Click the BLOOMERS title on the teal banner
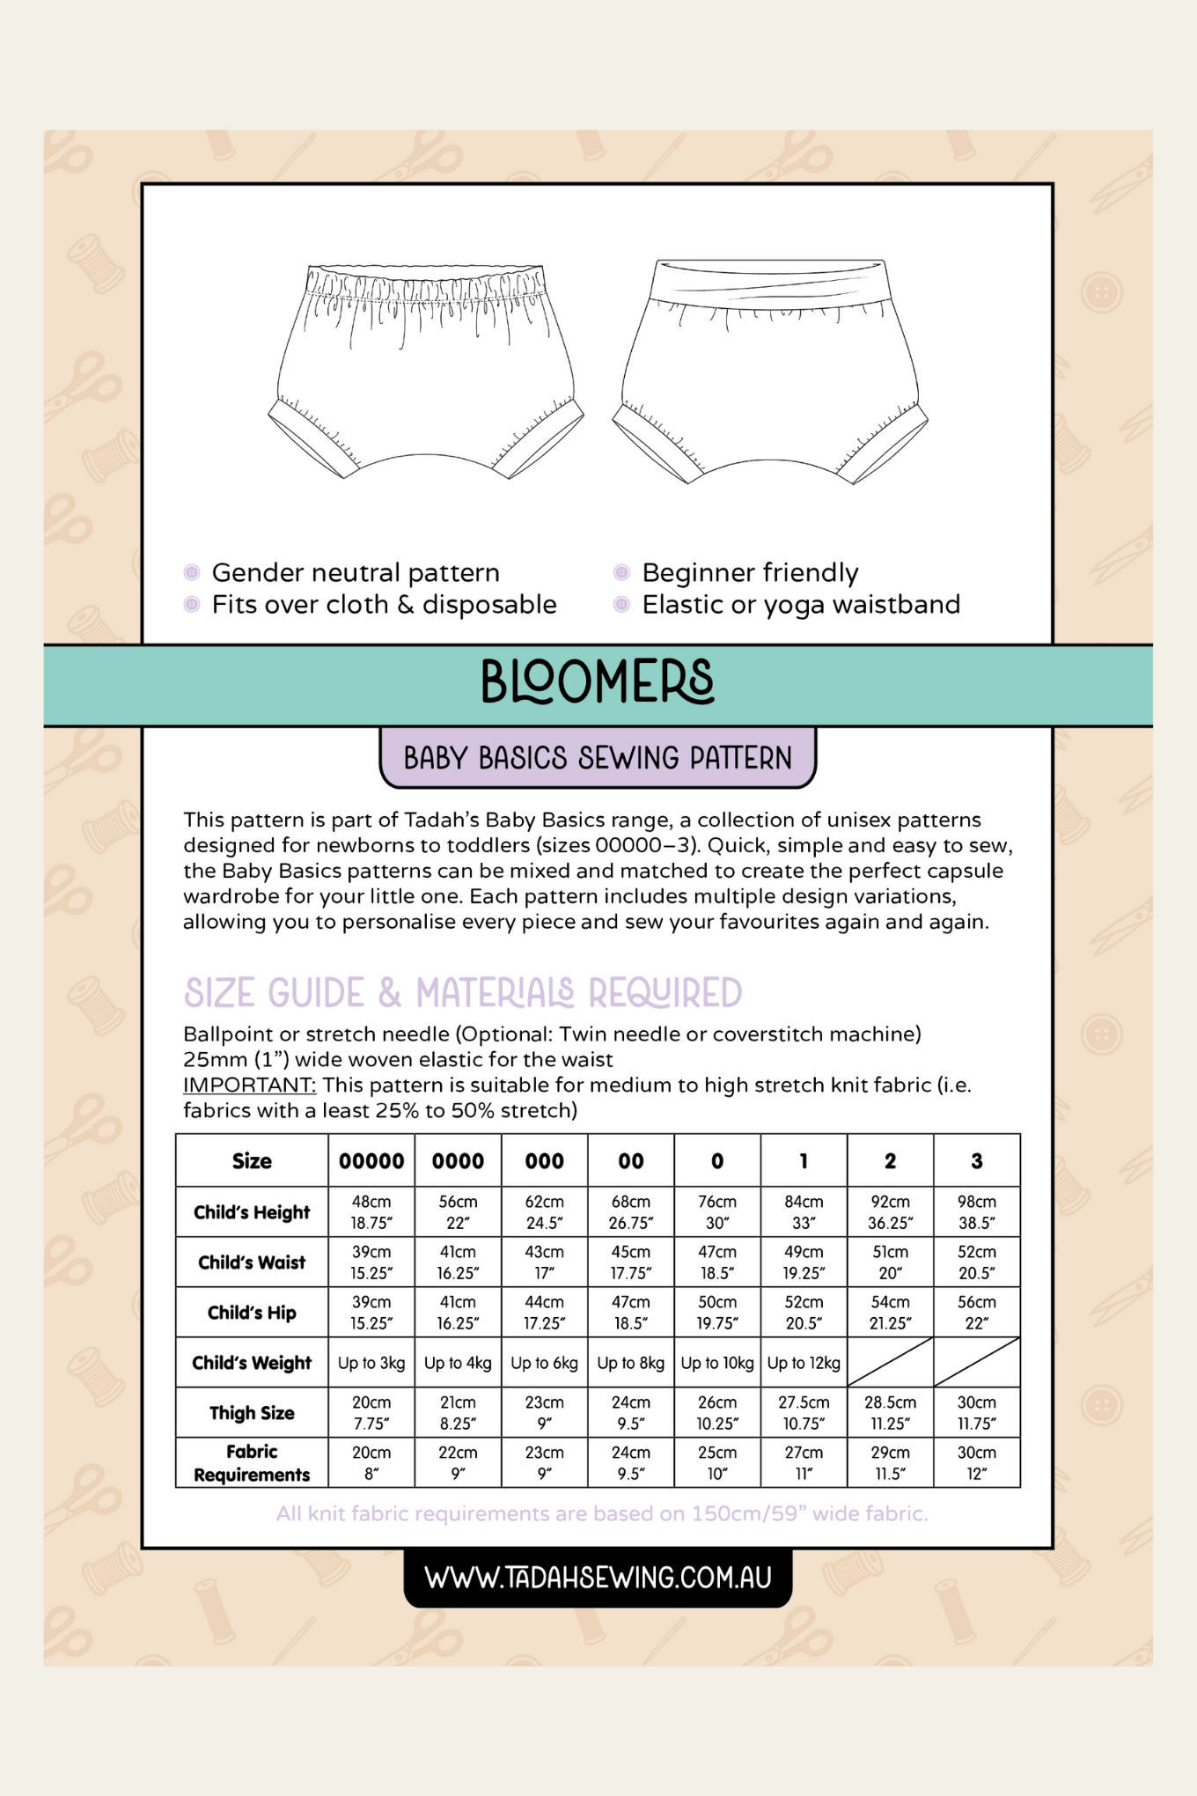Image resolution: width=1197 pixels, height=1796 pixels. pos(598,682)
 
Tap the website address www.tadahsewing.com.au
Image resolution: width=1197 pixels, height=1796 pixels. pos(598,1577)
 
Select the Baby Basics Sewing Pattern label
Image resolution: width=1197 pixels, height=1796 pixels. pos(598,758)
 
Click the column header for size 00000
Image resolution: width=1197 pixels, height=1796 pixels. pos(371,1161)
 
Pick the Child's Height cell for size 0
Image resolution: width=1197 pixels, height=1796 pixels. pos(717,1211)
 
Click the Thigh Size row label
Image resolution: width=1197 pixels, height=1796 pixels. pos(252,1413)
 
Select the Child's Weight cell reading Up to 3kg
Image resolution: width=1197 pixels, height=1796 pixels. pos(371,1363)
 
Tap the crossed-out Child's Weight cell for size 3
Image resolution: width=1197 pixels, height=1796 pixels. pos(977,1363)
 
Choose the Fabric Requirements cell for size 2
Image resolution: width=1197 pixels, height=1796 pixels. pos(891,1463)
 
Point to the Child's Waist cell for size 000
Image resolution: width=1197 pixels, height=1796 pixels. pos(545,1262)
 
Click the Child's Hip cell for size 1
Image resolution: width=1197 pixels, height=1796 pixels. pos(804,1313)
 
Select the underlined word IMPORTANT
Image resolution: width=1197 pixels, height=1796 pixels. pos(249,1085)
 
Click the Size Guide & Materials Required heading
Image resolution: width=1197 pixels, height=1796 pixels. pos(463,993)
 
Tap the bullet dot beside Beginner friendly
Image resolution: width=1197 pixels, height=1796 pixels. pos(621,573)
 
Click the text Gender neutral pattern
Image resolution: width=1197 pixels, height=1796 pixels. pos(356,573)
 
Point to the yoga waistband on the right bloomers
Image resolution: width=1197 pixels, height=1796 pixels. pos(770,282)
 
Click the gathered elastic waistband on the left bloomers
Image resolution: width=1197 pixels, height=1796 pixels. pos(424,285)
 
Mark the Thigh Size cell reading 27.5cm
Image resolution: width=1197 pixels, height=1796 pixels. pos(804,1413)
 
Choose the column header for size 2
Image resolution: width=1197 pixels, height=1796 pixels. pos(891,1161)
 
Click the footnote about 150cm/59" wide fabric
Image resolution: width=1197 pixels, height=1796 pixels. pos(602,1513)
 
